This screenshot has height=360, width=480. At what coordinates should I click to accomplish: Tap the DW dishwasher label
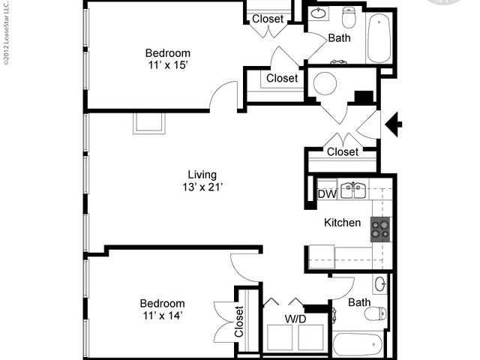tap(326, 194)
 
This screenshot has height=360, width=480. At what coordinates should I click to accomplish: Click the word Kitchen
tap(342, 223)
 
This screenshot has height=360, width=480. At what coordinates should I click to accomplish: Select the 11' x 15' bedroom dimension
tap(167, 65)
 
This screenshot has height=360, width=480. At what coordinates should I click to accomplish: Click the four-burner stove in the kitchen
tap(380, 227)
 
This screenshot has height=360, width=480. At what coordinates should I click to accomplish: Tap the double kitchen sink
tap(352, 190)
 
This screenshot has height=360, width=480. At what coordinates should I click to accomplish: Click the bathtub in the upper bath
tap(379, 38)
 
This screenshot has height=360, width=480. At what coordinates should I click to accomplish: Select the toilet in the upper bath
tap(349, 16)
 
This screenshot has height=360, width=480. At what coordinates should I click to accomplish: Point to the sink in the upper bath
tap(318, 14)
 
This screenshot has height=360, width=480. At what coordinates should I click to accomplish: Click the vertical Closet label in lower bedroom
tap(239, 320)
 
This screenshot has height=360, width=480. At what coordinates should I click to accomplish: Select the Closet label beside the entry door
tap(343, 152)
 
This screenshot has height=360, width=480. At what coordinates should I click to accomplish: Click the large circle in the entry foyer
tap(327, 84)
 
